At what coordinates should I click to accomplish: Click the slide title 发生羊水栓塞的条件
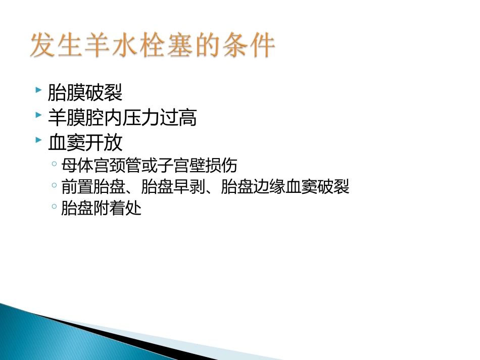[x=153, y=46]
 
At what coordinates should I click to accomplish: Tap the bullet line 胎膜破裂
[x=85, y=93]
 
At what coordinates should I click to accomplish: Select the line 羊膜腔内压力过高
[x=122, y=118]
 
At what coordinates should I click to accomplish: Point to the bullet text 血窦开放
[x=85, y=143]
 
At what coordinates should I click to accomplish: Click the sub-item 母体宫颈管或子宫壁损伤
[x=149, y=166]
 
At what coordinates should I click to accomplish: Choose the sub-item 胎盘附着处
[x=101, y=208]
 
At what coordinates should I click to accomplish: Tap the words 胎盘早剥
[x=171, y=187]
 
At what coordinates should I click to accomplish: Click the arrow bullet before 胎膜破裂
[x=39, y=90]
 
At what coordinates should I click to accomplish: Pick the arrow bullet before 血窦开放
[x=39, y=140]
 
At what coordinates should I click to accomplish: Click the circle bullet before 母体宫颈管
[x=54, y=164]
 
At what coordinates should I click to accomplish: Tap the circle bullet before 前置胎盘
[x=54, y=185]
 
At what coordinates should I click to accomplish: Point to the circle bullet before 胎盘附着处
[x=54, y=207]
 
